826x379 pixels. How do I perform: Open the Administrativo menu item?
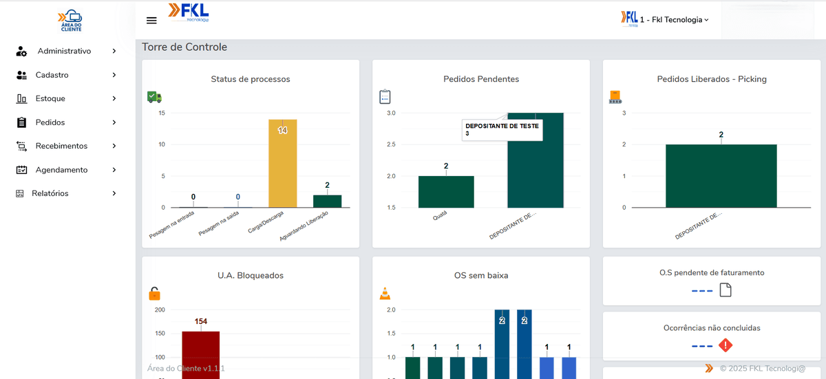(64, 51)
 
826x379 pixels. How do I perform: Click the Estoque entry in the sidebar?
(50, 98)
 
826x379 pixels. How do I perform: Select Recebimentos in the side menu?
(61, 146)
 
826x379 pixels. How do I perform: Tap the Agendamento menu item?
(61, 170)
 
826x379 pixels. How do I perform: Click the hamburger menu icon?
(152, 20)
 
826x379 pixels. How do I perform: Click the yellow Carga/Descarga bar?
(282, 164)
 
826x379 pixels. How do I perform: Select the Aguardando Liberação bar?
(327, 201)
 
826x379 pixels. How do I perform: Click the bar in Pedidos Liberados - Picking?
(721, 175)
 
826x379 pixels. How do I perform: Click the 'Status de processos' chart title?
(251, 79)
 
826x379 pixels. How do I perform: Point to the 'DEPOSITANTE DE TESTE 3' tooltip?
(502, 129)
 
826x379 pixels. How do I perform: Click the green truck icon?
(154, 98)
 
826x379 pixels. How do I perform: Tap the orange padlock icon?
(155, 294)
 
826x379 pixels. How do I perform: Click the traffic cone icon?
(385, 294)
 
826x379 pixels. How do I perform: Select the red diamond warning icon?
(726, 345)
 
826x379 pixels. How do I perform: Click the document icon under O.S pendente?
(726, 290)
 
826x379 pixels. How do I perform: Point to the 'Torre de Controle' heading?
(184, 47)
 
